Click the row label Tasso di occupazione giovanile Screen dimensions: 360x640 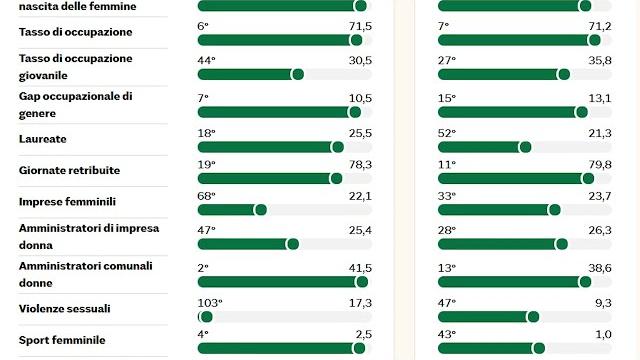75,66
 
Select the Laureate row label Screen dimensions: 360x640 43,139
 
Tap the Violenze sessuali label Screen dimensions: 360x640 65,308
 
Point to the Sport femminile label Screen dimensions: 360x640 61,340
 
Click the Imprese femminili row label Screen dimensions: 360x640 67,202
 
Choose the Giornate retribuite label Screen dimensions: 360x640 70,171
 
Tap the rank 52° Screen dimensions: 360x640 447,133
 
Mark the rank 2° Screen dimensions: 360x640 203,267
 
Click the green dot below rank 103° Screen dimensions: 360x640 206,317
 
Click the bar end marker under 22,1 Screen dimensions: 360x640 261,210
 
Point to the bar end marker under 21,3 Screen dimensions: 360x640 525,147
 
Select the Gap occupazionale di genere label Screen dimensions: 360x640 75,103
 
